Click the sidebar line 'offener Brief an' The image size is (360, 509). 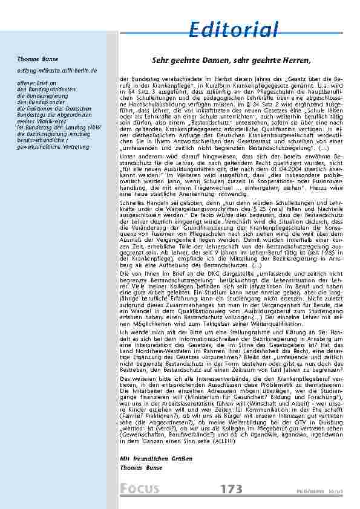pos(37,82)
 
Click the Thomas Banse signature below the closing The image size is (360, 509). pos(141,468)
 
